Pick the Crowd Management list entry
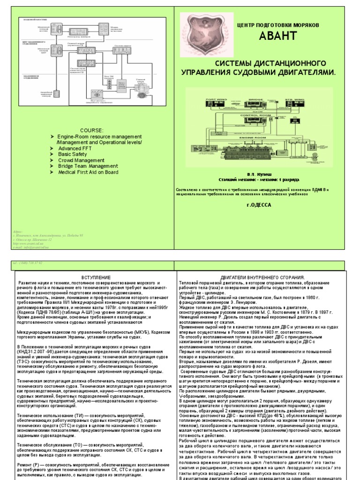click(78, 160)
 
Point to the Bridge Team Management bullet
click(87, 166)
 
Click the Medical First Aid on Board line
click(88, 172)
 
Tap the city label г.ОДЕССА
click(258, 204)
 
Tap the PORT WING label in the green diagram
click(215, 100)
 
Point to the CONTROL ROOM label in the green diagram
click(253, 115)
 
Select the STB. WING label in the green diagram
click(296, 100)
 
